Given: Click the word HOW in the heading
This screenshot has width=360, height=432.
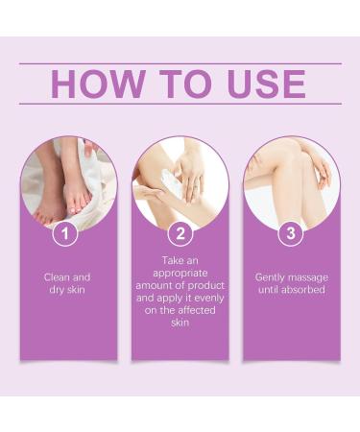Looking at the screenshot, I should [95, 84].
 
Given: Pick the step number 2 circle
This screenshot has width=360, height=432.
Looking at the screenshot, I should [180, 231].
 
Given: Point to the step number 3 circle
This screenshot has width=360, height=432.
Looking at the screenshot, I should [291, 231].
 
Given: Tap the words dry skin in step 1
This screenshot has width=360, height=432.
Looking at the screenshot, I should [68, 289].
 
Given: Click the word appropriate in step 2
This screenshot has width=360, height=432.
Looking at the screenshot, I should [179, 272].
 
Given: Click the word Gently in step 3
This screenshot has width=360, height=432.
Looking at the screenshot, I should [272, 276].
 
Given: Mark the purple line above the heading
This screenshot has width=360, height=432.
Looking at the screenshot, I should [180, 63].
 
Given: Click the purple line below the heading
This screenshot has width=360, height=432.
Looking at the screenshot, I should [180, 104].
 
